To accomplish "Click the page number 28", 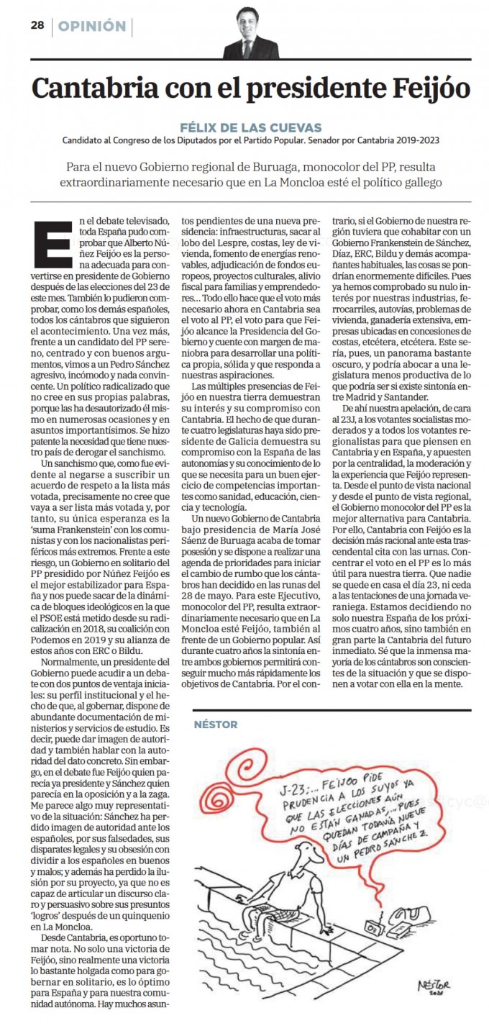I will (x=37, y=26).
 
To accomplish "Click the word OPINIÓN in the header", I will (x=92, y=27).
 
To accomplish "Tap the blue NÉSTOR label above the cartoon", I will (x=216, y=724).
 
